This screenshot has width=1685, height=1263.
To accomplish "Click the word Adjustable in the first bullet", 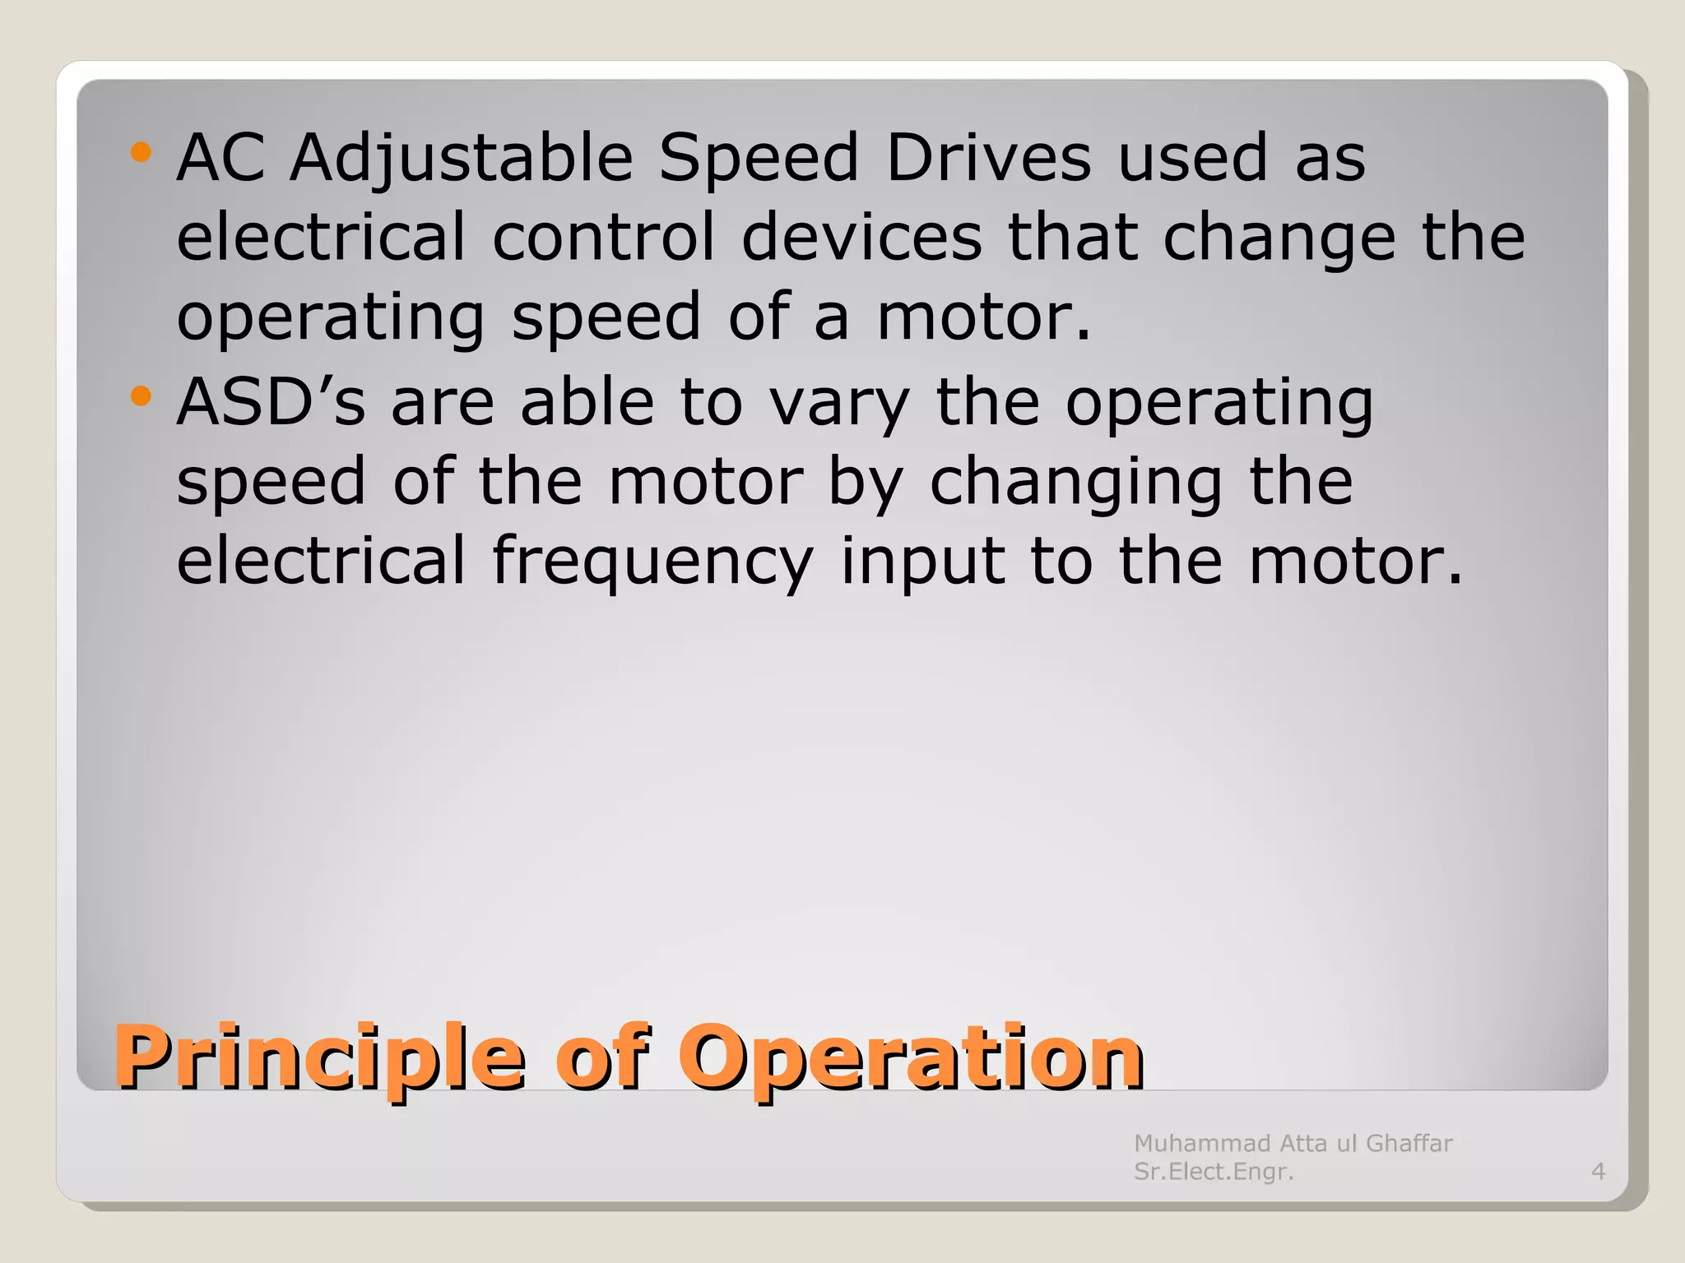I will [x=461, y=158].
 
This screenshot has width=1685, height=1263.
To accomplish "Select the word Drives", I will [x=988, y=158].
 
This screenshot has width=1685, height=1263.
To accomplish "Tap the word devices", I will [x=861, y=238].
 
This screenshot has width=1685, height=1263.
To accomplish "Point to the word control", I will [x=603, y=238].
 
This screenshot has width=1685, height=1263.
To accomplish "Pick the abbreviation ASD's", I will [x=271, y=403].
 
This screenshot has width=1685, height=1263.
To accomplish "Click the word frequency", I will [x=652, y=562].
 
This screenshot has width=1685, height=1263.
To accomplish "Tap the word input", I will [x=922, y=562].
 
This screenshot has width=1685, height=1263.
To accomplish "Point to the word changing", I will [x=1075, y=483].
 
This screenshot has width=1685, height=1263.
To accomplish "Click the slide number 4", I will [x=1598, y=1171].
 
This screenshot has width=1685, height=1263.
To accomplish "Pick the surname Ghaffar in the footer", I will [x=1409, y=1143].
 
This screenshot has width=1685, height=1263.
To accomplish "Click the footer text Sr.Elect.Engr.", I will [x=1214, y=1171].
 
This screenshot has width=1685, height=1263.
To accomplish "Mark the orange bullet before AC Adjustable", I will [x=142, y=152].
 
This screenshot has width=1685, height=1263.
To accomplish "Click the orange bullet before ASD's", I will [x=142, y=397].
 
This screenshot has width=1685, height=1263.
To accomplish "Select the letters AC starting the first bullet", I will [x=220, y=158].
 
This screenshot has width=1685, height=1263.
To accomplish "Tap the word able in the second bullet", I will [x=587, y=403].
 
